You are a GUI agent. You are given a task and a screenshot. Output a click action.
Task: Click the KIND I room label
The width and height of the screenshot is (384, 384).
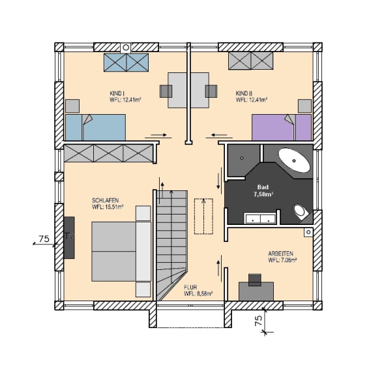point(125,96)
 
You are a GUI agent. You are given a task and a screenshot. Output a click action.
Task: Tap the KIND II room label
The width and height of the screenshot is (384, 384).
point(251,96)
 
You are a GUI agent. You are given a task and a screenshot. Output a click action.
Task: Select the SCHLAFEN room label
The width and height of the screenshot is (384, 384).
point(108,203)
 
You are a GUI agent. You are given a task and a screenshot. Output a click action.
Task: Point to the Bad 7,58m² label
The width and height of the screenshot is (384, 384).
point(263,191)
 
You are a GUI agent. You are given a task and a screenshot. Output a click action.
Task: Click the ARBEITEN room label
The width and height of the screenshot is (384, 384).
point(282,257)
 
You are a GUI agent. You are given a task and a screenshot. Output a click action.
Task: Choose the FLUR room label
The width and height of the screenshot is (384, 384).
point(198,291)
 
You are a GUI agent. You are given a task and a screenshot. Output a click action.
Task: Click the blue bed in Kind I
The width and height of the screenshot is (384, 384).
point(95,127)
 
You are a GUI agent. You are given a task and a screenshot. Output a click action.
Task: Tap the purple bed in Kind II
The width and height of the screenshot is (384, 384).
point(282,127)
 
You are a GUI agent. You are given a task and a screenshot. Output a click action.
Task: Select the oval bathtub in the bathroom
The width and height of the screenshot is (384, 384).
point(294,160)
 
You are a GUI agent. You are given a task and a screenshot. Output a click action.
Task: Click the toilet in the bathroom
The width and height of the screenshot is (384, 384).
point(301,213)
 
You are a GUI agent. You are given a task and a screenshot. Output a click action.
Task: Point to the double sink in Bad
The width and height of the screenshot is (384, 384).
point(261,218)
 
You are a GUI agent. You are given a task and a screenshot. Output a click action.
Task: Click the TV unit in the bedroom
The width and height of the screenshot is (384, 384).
point(69,237)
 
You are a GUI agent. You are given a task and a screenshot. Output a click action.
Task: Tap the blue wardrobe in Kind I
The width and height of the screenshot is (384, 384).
point(126,63)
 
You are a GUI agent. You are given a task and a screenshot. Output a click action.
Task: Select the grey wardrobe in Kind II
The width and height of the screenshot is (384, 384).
point(250,61)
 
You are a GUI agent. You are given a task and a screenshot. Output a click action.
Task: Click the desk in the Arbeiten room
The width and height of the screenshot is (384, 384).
point(256,291)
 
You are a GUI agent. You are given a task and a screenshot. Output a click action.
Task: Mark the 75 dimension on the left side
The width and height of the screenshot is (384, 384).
point(44,239)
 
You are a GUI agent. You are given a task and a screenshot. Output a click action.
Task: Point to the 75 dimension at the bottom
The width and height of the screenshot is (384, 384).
point(258,320)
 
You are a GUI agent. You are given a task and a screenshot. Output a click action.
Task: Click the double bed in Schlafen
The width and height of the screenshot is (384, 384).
point(121,251)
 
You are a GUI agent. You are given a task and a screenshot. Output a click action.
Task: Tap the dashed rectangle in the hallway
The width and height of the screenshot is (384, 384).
point(203,216)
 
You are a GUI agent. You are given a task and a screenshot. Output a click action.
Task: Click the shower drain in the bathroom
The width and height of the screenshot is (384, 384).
point(242,158)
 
